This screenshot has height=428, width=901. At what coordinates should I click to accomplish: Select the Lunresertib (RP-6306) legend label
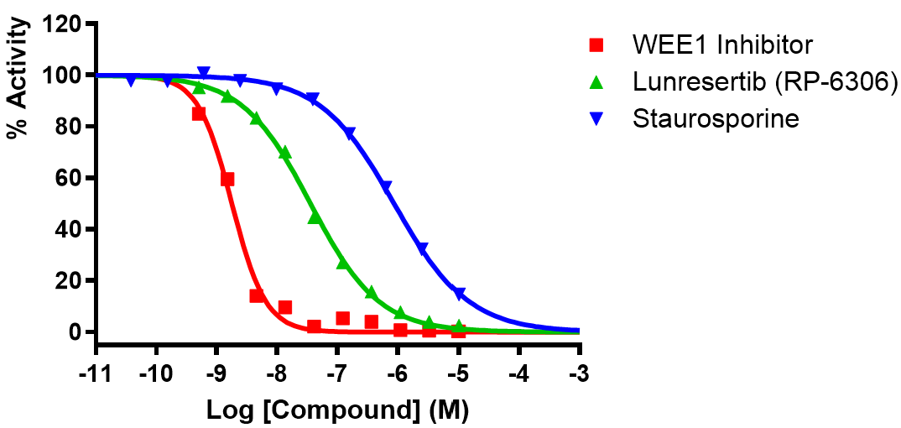click(x=766, y=81)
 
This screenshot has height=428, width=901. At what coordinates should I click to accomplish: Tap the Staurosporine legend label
click(x=716, y=118)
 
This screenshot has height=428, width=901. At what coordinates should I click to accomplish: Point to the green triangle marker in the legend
click(x=596, y=81)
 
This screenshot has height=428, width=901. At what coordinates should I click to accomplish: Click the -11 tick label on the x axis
click(x=96, y=372)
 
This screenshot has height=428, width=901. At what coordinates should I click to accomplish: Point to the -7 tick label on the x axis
click(x=337, y=372)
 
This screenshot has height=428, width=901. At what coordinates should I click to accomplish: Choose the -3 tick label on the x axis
click(x=579, y=372)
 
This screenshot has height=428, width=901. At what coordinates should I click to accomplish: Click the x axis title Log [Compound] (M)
click(x=337, y=410)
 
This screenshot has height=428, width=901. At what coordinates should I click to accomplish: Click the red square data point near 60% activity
click(x=227, y=179)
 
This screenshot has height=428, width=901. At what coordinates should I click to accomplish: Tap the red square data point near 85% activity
click(x=199, y=113)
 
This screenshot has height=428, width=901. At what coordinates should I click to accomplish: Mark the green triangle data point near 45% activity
click(x=315, y=217)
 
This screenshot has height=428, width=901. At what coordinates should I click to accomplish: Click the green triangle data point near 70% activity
click(x=284, y=153)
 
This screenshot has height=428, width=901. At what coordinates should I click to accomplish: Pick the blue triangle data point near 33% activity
click(x=422, y=248)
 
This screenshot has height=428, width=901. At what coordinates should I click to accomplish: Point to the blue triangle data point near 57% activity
click(x=387, y=186)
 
